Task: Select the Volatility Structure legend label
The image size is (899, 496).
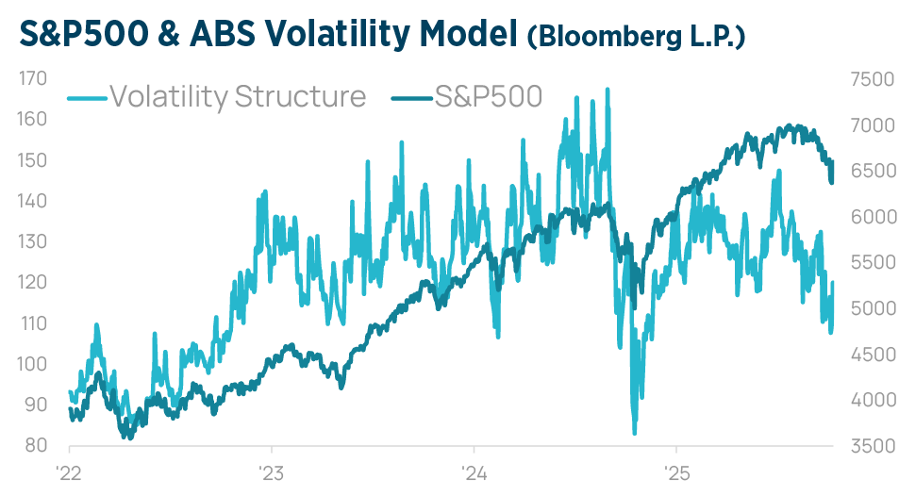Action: (238, 96)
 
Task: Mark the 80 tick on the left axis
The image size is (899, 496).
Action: (36, 445)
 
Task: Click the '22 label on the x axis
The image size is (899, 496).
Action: (69, 471)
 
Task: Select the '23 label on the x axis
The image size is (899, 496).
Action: (272, 471)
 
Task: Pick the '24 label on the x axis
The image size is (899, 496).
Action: (474, 471)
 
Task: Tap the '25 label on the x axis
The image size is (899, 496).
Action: (675, 471)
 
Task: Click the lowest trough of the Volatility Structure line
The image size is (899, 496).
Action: (635, 433)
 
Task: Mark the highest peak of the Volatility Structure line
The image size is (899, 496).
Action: (608, 90)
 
